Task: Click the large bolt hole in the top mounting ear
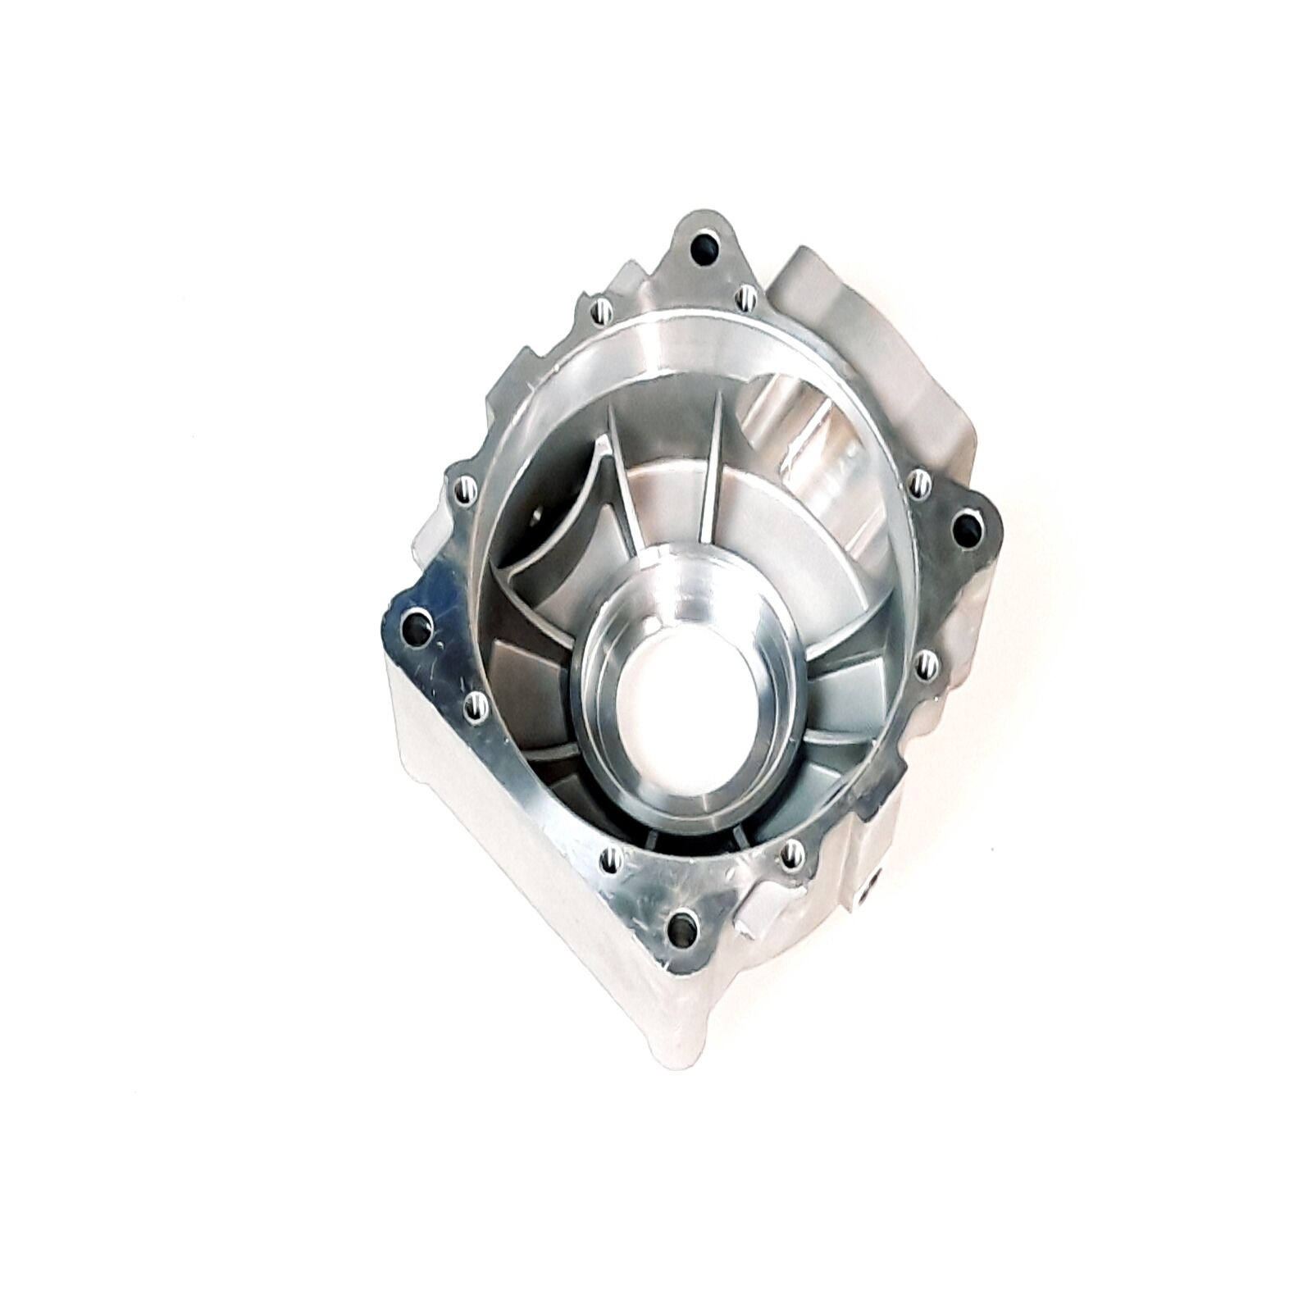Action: coord(702,247)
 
